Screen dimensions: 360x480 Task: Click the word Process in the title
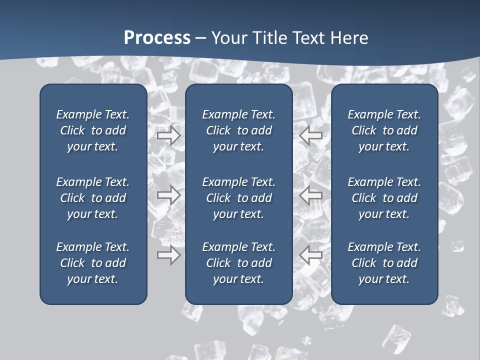tap(157, 38)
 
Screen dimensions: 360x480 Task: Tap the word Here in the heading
tap(348, 38)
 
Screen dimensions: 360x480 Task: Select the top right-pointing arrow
tap(168, 135)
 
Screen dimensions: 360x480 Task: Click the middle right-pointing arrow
tap(168, 195)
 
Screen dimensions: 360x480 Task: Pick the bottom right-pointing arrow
tap(168, 255)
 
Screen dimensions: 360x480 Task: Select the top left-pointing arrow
tap(311, 135)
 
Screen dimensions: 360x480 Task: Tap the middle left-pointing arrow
tap(311, 195)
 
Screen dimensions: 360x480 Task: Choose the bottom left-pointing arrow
tap(311, 255)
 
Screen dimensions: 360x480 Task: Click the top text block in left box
tap(93, 130)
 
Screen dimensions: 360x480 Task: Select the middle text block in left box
tap(93, 198)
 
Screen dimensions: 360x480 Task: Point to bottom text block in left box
tap(93, 263)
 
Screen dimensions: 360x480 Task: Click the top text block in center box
tap(238, 130)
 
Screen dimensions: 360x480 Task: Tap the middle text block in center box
tap(238, 198)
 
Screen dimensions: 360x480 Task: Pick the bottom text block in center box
tap(238, 263)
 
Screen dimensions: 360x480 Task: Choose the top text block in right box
tap(384, 130)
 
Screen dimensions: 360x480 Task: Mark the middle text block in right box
tap(384, 198)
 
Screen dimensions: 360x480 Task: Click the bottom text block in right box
tap(384, 263)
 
